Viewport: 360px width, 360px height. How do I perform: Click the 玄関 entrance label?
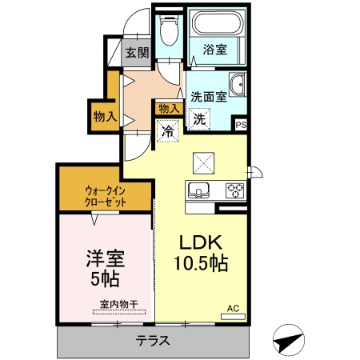[137, 54]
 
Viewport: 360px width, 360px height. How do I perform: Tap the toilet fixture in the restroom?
[169, 31]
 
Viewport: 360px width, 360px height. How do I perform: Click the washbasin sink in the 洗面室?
[238, 86]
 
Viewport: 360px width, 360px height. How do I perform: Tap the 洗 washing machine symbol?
[198, 118]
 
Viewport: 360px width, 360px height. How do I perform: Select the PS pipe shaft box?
[240, 124]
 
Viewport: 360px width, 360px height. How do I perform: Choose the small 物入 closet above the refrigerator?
[168, 108]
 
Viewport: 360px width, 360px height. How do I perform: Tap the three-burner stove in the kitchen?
[235, 190]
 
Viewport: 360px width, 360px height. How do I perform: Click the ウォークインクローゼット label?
[104, 198]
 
